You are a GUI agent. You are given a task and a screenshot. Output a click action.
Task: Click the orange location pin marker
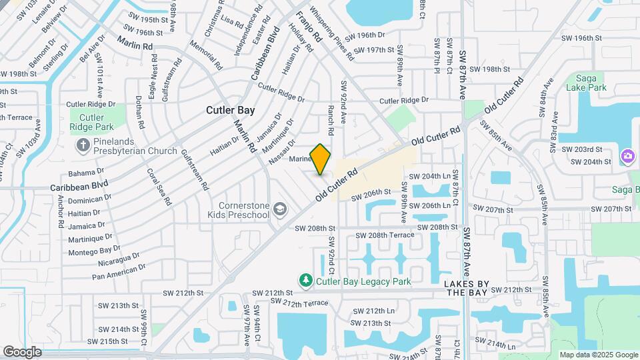[x=321, y=159]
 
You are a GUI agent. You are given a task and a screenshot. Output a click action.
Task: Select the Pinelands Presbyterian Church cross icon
[x=83, y=145]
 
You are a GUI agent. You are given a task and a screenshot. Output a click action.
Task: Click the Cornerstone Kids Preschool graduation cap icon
[x=281, y=209]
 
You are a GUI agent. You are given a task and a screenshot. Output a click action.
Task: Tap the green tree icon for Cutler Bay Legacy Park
[x=306, y=281]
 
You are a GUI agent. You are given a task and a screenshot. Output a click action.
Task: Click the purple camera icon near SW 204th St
[x=627, y=157]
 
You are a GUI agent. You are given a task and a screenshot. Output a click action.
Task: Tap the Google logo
[x=22, y=351]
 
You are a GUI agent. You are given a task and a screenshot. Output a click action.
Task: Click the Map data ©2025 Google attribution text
[x=598, y=355]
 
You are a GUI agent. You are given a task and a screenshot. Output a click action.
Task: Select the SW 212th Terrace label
[x=301, y=303]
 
